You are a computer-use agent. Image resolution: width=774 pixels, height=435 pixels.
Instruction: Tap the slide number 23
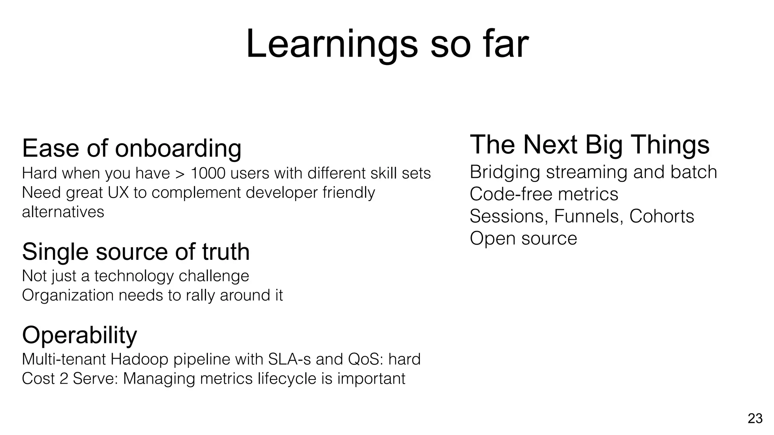coord(755,418)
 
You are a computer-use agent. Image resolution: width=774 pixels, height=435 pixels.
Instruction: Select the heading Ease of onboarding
coord(132,148)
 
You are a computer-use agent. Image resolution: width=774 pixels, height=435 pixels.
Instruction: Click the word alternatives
coord(63,212)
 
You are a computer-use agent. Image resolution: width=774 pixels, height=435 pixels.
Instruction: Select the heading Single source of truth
coord(136,251)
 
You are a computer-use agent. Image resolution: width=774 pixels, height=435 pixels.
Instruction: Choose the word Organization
coord(68,295)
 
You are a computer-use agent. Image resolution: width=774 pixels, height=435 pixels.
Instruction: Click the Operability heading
coord(79,335)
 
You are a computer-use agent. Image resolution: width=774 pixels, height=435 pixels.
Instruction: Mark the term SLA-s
coord(289,359)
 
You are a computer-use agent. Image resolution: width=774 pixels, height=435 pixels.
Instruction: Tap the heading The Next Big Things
coord(590,145)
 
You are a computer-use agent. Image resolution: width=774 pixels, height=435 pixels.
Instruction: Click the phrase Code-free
coord(511,194)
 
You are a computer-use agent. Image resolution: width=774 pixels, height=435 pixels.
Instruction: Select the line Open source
coord(523,238)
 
